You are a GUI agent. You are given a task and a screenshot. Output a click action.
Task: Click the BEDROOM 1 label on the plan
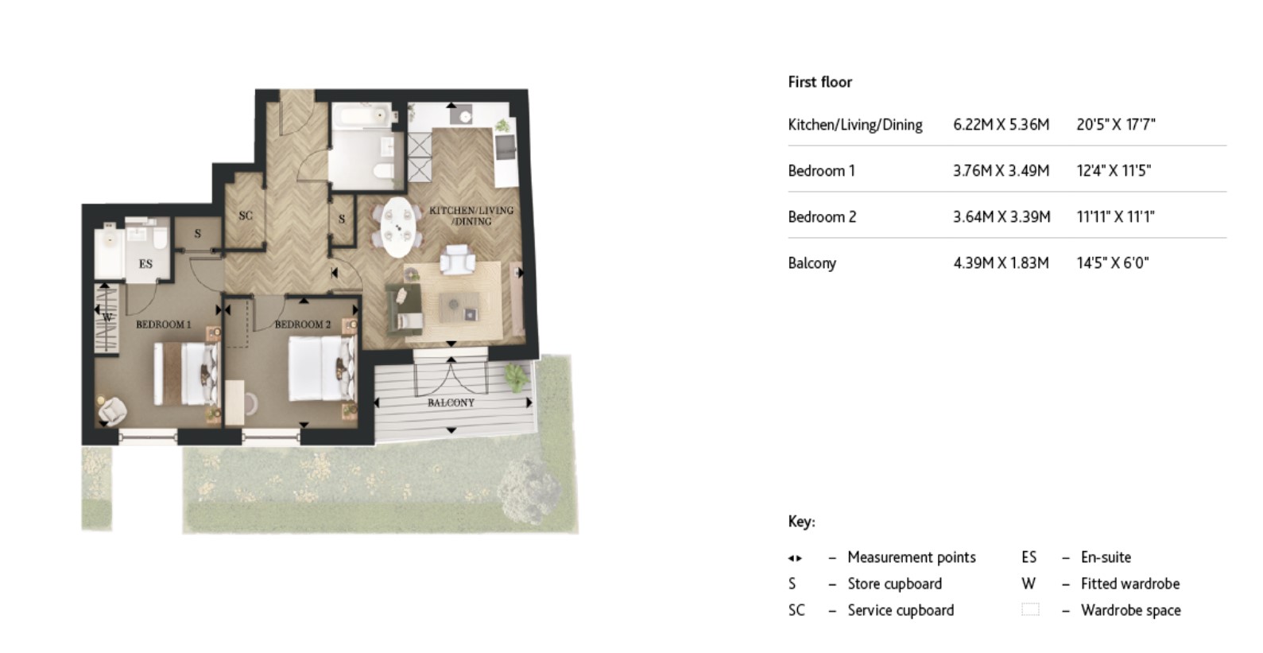(163, 325)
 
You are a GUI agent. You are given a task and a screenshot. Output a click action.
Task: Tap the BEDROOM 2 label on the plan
(302, 325)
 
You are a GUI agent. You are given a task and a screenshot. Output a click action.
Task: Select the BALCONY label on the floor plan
(451, 403)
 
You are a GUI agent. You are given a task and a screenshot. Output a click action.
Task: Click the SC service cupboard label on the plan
(246, 216)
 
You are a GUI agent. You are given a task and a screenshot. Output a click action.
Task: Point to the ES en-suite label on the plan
(145, 264)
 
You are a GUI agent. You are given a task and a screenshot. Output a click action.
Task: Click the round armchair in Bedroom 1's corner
(112, 409)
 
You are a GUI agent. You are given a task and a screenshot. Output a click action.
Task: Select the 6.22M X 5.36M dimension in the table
(1001, 125)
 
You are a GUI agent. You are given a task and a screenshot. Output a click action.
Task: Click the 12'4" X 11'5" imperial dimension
(1114, 171)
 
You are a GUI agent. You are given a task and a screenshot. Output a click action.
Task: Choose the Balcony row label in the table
(812, 263)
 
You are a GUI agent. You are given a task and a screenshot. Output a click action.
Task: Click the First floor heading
(819, 82)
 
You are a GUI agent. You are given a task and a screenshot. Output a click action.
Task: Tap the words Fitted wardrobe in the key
(1129, 584)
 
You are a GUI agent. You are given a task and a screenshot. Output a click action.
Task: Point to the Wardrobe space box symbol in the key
(1029, 610)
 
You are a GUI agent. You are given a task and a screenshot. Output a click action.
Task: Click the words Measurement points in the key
(911, 558)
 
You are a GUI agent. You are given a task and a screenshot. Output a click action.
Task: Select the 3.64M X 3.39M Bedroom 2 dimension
(1001, 217)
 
